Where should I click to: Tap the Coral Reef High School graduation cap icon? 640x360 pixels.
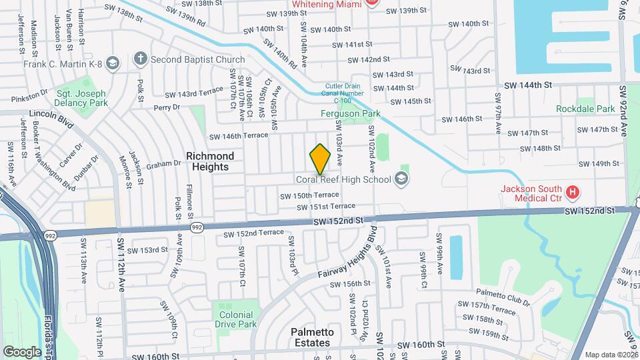401,179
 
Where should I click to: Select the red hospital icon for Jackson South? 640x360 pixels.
572,193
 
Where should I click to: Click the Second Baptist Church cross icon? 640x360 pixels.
140,59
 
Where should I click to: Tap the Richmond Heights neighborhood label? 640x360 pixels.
210,161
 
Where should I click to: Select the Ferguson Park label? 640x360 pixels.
351,114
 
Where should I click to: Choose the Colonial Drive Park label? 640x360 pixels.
237,319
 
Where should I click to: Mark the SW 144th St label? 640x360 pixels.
529,85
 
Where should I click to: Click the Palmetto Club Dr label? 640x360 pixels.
503,297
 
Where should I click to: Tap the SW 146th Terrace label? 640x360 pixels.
238,135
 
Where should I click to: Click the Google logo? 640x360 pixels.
22,351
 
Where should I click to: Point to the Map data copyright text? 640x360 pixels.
611,355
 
